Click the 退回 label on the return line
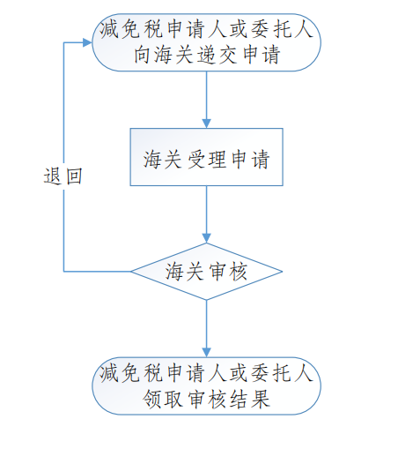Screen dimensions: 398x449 (x=63, y=176)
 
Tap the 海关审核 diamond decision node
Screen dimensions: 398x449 (x=206, y=272)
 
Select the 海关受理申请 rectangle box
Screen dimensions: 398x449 (x=206, y=157)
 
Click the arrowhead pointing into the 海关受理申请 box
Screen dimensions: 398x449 (x=206, y=123)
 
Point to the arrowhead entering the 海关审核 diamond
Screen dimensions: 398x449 (x=206, y=238)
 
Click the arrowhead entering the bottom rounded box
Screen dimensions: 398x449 (x=206, y=353)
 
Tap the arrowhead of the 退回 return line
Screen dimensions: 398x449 (x=87, y=42)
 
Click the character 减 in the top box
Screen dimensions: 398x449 (x=109, y=29)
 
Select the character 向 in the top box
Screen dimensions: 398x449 (x=143, y=55)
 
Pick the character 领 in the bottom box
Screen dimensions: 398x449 (x=151, y=400)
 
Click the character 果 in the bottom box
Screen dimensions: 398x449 (x=260, y=400)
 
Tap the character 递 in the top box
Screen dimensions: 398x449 (x=206, y=55)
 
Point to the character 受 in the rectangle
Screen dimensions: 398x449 (x=195, y=160)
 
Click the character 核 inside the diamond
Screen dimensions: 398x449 (x=239, y=272)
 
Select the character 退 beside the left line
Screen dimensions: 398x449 (x=53, y=176)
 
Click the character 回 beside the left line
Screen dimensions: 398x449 (x=74, y=176)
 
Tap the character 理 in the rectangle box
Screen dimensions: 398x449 (x=217, y=160)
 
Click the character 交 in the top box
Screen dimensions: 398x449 (x=228, y=55)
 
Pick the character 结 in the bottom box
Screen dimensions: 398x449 (x=239, y=400)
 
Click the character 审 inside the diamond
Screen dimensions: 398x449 (x=217, y=272)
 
